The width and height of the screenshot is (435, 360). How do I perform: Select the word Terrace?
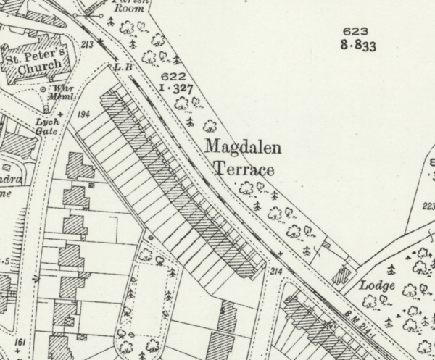tap(244, 171)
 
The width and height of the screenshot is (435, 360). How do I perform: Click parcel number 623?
tap(356, 32)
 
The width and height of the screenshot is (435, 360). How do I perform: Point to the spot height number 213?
tap(88, 45)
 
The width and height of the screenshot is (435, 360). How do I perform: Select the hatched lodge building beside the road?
tap(342, 276)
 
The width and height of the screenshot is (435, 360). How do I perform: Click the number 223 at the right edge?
tap(428, 206)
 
